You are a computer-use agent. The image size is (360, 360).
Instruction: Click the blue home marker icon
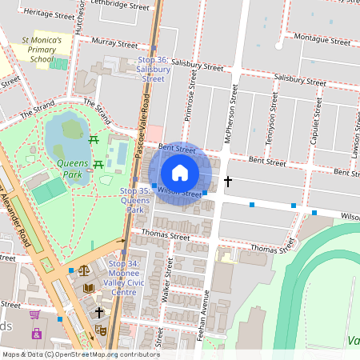180,172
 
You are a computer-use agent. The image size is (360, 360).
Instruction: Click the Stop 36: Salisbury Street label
152,69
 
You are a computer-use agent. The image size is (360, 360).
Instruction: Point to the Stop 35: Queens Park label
134,200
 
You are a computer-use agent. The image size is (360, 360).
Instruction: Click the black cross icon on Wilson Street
228,182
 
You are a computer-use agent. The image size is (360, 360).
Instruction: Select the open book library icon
88,286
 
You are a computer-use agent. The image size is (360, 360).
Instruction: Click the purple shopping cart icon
34,314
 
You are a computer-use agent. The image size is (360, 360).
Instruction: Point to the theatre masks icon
101,329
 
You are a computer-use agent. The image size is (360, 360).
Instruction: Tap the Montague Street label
322,38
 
